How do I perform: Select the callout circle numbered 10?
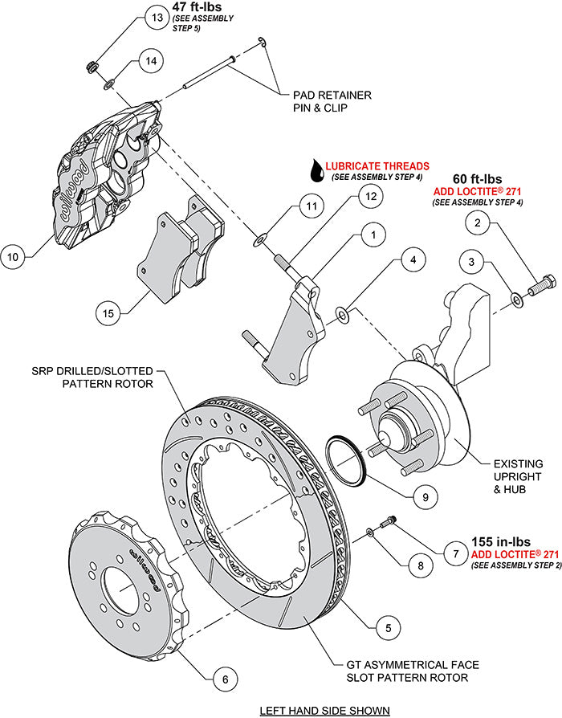click(x=13, y=257)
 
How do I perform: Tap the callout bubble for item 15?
click(x=109, y=312)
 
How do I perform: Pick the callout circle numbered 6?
click(x=226, y=680)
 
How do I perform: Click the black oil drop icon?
click(x=318, y=169)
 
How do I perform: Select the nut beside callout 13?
click(x=92, y=63)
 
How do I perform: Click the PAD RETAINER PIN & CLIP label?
click(x=332, y=100)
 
